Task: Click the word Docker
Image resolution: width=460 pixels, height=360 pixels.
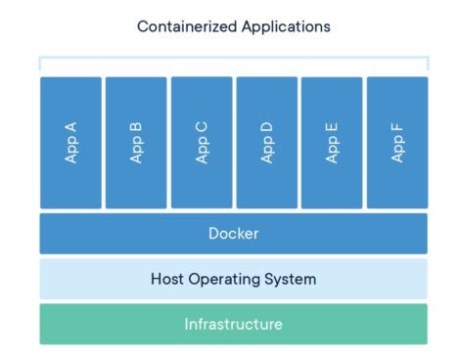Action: click(x=233, y=234)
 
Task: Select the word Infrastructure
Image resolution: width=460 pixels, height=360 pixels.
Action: click(x=233, y=324)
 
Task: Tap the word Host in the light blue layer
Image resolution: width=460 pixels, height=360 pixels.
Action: click(x=167, y=279)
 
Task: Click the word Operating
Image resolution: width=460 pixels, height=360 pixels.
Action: click(x=223, y=279)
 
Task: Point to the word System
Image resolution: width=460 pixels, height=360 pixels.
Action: click(x=290, y=279)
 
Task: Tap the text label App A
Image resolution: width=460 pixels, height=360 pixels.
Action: click(x=70, y=143)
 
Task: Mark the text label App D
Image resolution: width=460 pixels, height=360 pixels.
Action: click(x=266, y=143)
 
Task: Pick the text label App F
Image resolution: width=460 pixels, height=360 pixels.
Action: click(x=396, y=143)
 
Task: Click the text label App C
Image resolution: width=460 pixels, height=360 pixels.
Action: click(x=201, y=143)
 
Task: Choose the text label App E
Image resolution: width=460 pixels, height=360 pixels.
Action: click(x=332, y=143)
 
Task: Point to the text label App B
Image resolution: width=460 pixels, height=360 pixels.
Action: click(x=136, y=143)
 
